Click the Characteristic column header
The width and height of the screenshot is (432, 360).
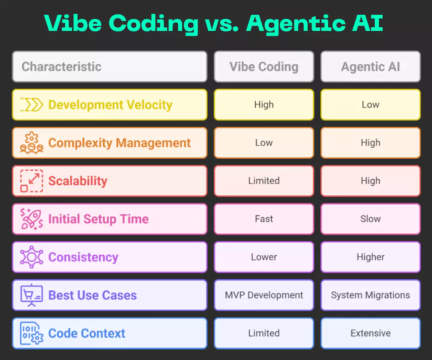(109, 66)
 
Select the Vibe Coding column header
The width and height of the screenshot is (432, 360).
(264, 66)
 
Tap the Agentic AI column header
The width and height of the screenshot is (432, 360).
(370, 66)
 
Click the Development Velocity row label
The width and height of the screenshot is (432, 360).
(110, 105)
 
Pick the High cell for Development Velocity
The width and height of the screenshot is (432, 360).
(264, 105)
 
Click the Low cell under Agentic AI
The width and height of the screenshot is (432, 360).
(370, 105)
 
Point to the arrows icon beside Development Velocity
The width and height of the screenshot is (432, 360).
(31, 105)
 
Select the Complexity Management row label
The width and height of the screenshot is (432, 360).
(119, 143)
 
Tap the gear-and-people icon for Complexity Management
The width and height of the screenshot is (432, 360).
(31, 143)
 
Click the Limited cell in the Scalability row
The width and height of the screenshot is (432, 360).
(264, 181)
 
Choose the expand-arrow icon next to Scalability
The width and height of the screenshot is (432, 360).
(31, 181)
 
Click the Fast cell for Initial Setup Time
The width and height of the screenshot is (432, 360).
(264, 219)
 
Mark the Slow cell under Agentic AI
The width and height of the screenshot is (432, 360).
(370, 219)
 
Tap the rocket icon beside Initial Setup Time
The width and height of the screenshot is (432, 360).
(31, 219)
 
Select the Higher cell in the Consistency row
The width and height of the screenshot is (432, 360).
(370, 257)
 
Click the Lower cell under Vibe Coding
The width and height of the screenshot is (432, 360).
(264, 257)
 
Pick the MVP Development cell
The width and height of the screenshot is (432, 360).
(264, 295)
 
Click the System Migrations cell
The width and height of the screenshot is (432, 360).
(370, 295)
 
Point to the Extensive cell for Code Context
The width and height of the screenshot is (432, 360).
(370, 333)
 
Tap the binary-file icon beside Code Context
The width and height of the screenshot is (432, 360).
(31, 333)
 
